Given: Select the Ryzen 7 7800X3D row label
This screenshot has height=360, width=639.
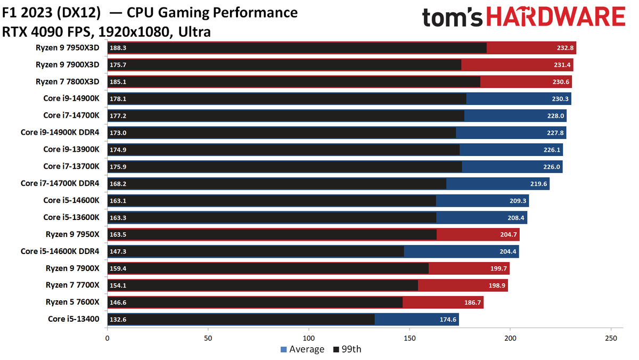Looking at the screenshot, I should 67,81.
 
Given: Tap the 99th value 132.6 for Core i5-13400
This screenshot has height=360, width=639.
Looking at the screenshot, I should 118,320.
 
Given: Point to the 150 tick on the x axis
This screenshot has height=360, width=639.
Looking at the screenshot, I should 409,338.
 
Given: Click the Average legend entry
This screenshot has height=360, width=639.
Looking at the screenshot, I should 302,349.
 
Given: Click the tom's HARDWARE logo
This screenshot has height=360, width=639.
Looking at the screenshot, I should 523,18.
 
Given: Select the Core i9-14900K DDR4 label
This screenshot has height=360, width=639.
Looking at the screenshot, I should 60,133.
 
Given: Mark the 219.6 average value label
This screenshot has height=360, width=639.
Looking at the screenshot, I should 537,184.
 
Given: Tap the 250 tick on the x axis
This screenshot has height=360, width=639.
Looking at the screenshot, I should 611,338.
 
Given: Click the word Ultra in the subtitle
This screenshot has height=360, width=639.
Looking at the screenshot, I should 195,32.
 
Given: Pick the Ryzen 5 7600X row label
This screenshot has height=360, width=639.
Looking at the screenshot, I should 72,302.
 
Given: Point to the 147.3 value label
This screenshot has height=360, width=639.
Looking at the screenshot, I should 118,251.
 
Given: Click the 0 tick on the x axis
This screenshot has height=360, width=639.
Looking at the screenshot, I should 108,338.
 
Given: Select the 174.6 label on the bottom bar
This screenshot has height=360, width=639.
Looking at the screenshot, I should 447,320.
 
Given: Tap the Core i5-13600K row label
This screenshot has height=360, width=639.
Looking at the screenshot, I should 71,217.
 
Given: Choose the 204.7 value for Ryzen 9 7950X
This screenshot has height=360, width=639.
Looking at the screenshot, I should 507,234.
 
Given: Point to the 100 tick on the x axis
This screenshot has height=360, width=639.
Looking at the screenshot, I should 309,338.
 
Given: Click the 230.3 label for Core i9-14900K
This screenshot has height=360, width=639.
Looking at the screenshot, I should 559,99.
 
